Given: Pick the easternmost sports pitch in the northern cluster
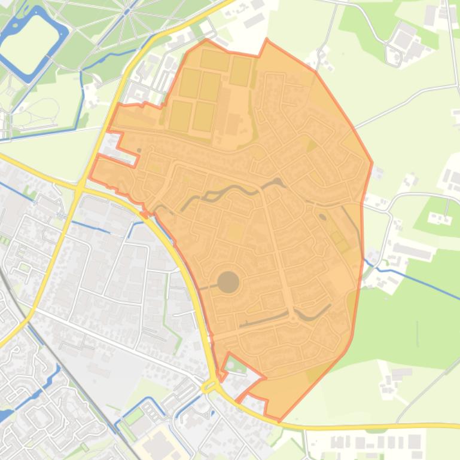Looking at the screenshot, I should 240,71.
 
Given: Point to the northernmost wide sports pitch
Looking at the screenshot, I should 215,60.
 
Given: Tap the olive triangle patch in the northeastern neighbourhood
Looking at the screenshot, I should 311,145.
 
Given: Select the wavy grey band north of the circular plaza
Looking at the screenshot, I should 233,190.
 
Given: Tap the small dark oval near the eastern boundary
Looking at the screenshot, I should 323,217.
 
